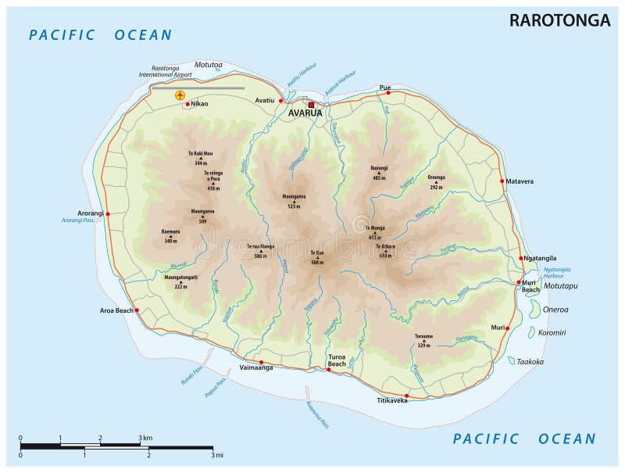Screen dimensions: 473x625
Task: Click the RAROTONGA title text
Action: (559, 20)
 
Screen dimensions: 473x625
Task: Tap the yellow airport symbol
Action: (180, 95)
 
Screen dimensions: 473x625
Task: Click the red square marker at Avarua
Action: (311, 104)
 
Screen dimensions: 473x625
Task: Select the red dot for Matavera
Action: (502, 181)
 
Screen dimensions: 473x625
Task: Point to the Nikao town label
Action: (200, 103)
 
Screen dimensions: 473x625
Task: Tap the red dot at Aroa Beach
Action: (137, 310)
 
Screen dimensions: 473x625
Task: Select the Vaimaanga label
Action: (255, 367)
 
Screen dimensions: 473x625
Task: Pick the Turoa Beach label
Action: (337, 360)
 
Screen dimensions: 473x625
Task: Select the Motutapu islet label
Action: (560, 286)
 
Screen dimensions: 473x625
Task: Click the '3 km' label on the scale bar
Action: (145, 437)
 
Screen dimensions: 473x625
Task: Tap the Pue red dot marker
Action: (388, 93)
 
